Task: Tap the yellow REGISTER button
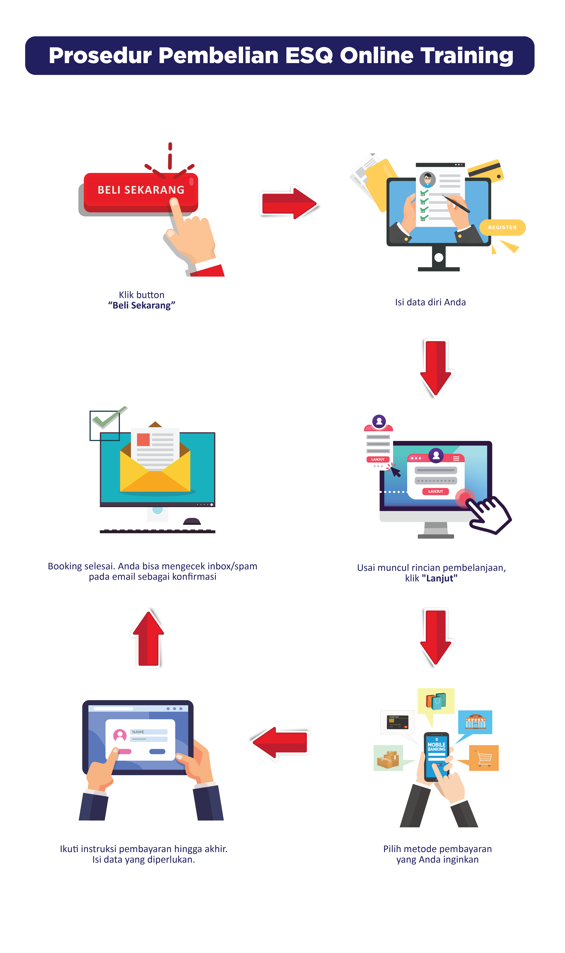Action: click(502, 227)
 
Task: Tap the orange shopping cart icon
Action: click(484, 758)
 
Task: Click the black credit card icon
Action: click(397, 722)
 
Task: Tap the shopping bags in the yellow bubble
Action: click(436, 701)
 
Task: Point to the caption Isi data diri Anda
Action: click(430, 302)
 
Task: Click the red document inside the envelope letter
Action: click(143, 439)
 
